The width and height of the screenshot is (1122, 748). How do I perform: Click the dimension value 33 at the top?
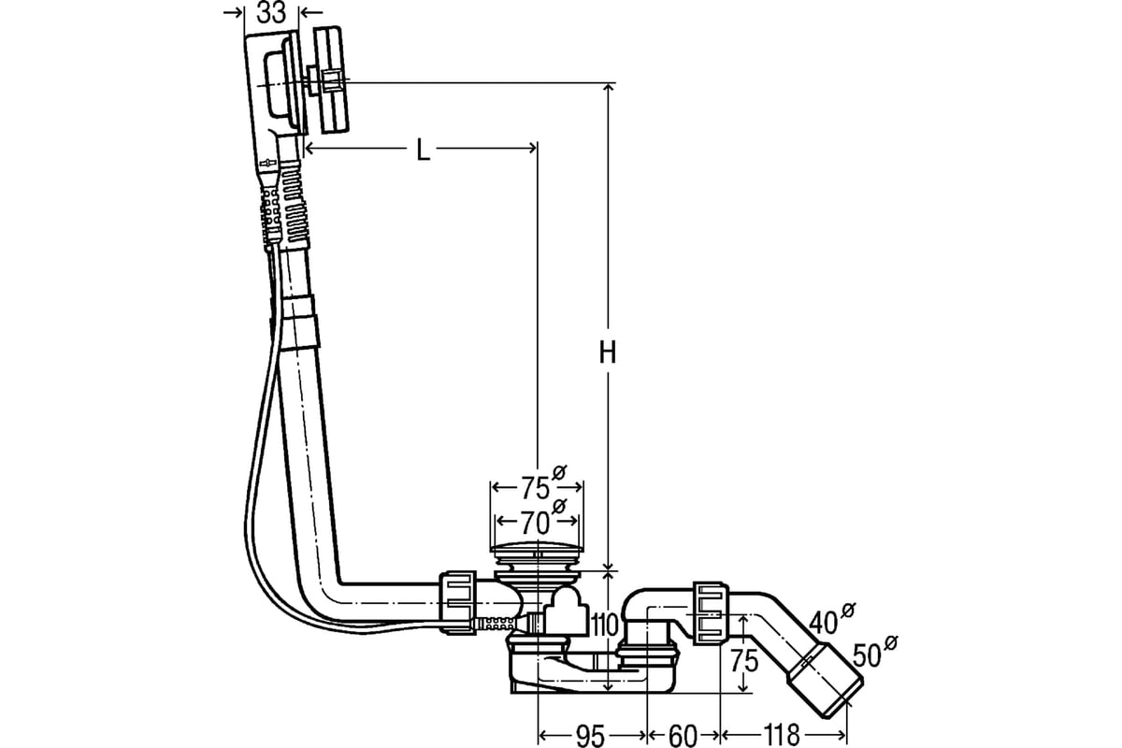click(271, 12)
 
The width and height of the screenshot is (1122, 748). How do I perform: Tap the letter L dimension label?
click(424, 150)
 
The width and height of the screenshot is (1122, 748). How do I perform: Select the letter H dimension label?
click(608, 354)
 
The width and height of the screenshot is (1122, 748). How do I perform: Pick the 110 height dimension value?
click(605, 626)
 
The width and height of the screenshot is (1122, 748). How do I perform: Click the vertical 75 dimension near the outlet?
click(744, 661)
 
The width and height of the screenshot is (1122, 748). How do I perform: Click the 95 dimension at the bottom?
click(591, 736)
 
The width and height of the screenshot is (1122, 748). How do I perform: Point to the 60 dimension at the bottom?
click(683, 736)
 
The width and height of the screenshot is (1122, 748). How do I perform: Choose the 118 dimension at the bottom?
click(782, 736)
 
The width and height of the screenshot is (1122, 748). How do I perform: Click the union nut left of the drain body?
click(458, 603)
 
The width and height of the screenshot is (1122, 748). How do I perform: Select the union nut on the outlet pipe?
click(711, 613)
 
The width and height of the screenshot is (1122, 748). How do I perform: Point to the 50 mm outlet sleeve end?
click(826, 687)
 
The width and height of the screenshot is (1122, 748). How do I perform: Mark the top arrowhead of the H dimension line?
click(608, 88)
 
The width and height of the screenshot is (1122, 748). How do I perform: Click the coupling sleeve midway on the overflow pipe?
click(300, 324)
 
